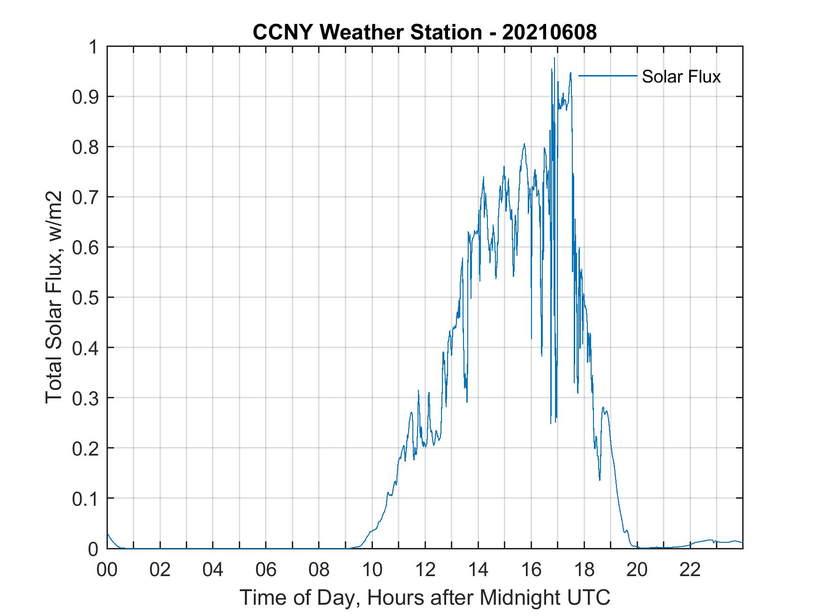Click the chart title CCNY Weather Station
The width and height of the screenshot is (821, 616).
click(367, 32)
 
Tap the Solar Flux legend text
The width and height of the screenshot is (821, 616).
click(681, 76)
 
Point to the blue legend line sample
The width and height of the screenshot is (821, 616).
click(608, 76)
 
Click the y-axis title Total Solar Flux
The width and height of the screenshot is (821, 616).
click(54, 297)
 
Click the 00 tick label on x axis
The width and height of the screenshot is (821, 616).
click(107, 570)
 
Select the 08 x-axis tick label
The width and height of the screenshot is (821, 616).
click(319, 570)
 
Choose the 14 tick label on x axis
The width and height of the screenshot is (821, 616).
click(478, 570)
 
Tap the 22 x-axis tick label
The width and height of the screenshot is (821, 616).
click(690, 570)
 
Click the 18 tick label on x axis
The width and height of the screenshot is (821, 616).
click(584, 570)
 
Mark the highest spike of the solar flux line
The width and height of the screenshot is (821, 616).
click(554, 58)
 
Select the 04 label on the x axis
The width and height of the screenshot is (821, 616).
click(213, 570)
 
